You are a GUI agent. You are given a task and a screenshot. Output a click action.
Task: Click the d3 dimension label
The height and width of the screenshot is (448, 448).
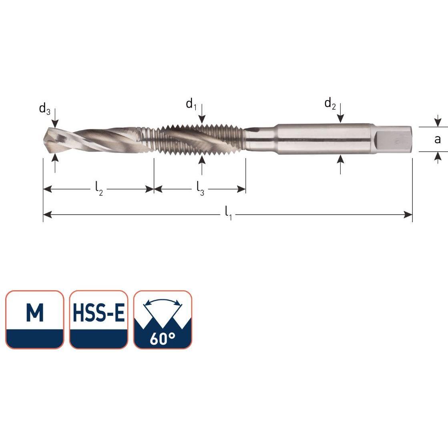click(x=44, y=109)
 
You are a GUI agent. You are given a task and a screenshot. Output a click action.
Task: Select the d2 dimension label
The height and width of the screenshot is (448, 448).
click(x=330, y=104)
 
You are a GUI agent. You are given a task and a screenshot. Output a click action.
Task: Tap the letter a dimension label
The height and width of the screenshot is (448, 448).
click(x=437, y=139)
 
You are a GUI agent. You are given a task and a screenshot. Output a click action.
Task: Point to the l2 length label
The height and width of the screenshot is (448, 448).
click(x=99, y=189)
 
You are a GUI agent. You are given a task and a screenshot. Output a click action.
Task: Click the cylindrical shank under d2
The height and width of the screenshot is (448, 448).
click(x=324, y=139)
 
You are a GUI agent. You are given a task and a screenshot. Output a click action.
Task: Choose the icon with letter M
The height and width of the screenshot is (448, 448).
click(x=35, y=319)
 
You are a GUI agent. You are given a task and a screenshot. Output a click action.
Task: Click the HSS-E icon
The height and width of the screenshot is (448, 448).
click(x=98, y=319)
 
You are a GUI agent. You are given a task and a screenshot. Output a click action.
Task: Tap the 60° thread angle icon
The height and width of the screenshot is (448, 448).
click(x=163, y=319)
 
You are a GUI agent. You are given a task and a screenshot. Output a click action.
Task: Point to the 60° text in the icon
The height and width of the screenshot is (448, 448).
click(x=162, y=338)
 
